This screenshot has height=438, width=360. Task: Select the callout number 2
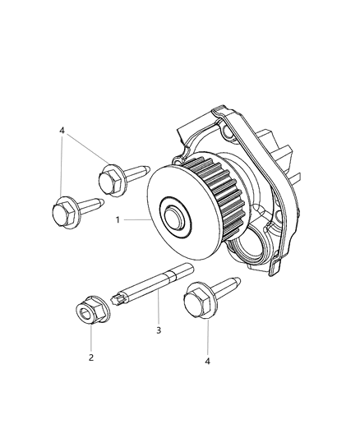pyautogui.click(x=90, y=357)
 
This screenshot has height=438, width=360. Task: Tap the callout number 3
pyautogui.click(x=158, y=330)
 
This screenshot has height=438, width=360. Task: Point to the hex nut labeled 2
pyautogui.click(x=87, y=311)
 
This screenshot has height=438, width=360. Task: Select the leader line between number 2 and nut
pyautogui.click(x=90, y=339)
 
